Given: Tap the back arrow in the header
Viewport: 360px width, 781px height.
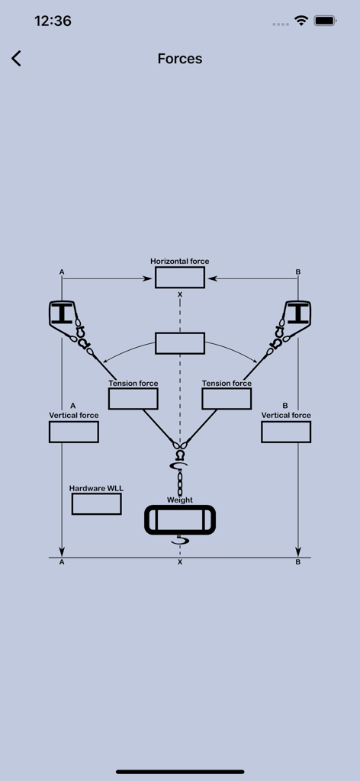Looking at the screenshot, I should (x=16, y=59).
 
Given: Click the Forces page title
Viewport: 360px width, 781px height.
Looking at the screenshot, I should (x=180, y=59).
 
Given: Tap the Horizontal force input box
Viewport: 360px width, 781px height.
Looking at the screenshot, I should (x=180, y=278).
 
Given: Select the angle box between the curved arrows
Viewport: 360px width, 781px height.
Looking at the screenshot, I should (x=180, y=343).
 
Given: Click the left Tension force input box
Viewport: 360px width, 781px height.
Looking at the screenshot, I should (x=133, y=399).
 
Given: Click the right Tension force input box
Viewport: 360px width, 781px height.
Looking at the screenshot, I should (x=227, y=399).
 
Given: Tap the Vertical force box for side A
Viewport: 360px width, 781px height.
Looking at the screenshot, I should (x=74, y=432).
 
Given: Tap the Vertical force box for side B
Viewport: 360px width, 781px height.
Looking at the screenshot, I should (x=286, y=432).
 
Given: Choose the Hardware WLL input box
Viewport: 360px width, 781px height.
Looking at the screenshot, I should (x=96, y=504).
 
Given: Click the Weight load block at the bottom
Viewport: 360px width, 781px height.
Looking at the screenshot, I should (x=180, y=520).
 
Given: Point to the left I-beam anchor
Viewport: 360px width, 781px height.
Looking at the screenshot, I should (x=61, y=313).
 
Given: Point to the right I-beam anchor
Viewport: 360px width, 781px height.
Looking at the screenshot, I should (x=298, y=313).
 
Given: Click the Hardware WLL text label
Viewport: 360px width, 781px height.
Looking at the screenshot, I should (x=96, y=488).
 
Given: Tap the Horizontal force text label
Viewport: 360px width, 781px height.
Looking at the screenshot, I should (x=180, y=262).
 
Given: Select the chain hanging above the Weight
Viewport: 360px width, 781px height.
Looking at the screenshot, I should (x=180, y=483).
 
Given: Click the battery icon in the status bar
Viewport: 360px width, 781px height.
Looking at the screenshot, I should (x=326, y=21).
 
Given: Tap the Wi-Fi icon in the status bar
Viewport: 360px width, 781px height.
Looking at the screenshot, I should (x=301, y=21).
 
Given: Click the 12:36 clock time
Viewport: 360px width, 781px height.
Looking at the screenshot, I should (x=53, y=21).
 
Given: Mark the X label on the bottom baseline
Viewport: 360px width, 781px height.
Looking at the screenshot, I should (x=180, y=562).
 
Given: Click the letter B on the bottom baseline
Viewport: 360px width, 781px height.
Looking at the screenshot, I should (x=298, y=562).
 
